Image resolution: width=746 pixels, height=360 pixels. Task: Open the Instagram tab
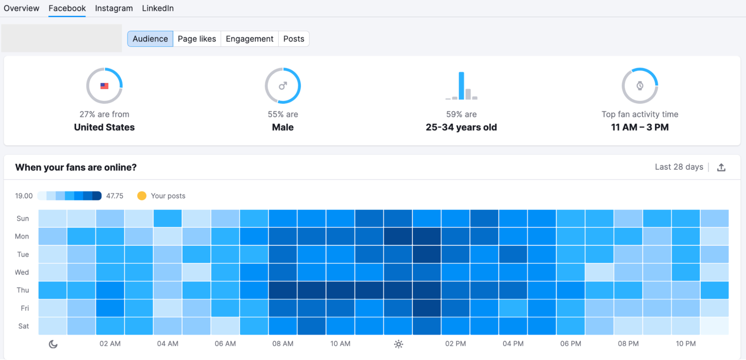pos(114,8)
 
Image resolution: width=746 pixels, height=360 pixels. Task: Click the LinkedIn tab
pos(158,8)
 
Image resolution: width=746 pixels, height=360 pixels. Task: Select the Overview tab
pos(21,8)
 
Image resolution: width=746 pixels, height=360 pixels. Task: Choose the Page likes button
pos(197,39)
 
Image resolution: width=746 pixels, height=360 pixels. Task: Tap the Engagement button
pos(249,39)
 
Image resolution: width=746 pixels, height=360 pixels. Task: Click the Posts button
pos(294,39)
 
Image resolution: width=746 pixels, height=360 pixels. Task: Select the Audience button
pos(150,39)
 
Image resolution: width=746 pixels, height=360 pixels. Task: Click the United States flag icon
pos(104,86)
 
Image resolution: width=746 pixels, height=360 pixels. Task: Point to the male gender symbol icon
pos(283,86)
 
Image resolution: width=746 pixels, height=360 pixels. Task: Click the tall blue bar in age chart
pos(462,86)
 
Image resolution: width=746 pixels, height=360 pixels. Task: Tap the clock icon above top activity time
pos(640,86)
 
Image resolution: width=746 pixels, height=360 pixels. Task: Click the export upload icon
pos(721,167)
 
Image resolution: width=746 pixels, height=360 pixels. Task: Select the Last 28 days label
pos(679,167)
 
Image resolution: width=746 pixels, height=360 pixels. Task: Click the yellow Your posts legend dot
pos(142,196)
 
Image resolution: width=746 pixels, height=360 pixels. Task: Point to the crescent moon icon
pos(53,344)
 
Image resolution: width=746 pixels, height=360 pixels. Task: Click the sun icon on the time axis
pos(398,344)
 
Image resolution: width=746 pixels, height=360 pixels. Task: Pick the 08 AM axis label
pos(283,344)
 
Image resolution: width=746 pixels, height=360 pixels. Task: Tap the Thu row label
pos(23,290)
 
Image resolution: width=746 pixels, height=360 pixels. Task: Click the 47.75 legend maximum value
pos(115,196)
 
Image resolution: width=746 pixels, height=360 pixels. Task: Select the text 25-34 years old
pos(461,127)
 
